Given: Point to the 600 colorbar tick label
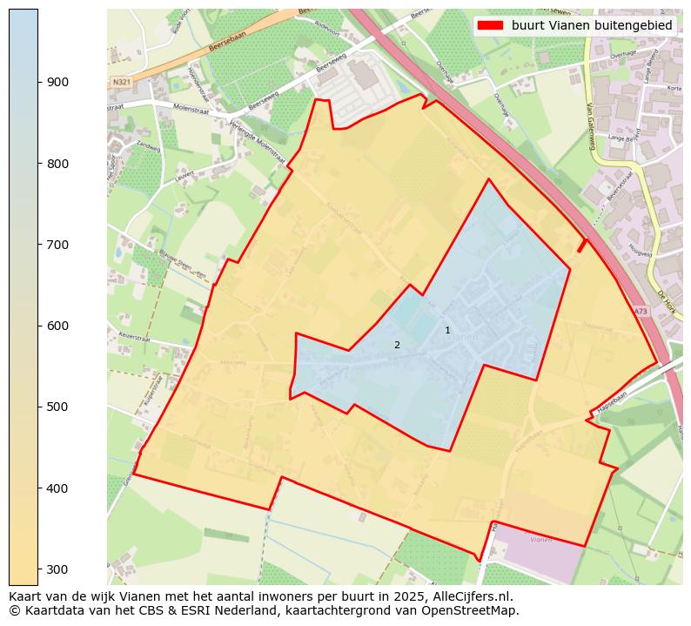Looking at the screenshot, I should click(x=57, y=326).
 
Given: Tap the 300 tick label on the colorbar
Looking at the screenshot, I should click(x=57, y=569).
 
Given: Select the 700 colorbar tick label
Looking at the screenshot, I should click(x=57, y=245).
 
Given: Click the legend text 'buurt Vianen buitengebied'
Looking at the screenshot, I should click(x=592, y=26).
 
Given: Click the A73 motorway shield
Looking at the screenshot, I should click(x=641, y=312).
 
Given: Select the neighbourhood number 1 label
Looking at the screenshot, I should click(x=447, y=330).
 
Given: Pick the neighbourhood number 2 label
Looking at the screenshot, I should click(x=397, y=345).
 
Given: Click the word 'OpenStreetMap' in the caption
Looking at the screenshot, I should click(x=475, y=610).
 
